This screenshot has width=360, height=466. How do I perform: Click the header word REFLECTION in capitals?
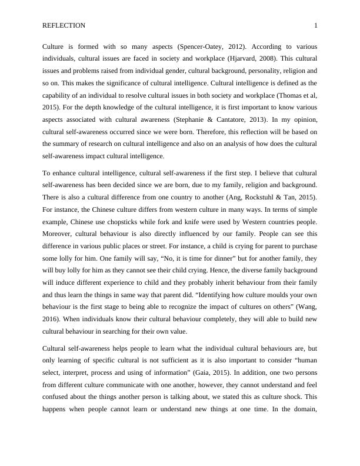click(64, 25)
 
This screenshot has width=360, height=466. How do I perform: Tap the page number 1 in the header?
click(316, 25)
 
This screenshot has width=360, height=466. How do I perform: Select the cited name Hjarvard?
click(240, 58)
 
